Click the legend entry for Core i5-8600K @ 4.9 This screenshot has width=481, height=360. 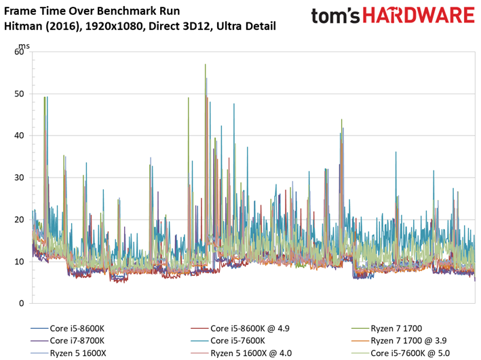pos(250,328)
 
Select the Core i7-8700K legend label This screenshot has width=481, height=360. pos(77,341)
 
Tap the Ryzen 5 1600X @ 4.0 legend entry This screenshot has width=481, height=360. pos(251,353)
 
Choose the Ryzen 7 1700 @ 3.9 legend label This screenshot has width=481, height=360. pos(408,341)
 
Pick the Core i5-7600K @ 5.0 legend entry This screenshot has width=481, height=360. pos(410,353)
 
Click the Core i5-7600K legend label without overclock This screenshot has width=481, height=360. pos(237,341)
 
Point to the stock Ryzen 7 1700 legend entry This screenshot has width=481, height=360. pos(396,328)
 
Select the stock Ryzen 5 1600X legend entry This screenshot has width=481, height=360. pos(78,353)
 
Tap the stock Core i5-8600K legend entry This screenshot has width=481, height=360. pos(77,328)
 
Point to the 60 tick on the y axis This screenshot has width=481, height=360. pos(19,52)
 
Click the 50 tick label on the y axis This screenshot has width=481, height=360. pos(19,94)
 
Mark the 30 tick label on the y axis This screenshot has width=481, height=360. pos(19,178)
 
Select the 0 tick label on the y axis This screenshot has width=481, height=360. pos(22,303)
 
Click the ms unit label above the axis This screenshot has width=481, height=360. pos(24,46)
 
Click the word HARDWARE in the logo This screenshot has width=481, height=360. pos(419,16)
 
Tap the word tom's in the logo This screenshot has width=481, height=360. pos(335,16)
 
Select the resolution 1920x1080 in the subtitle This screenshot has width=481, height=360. pos(115,26)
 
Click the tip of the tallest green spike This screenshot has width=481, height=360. pos(206,64)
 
